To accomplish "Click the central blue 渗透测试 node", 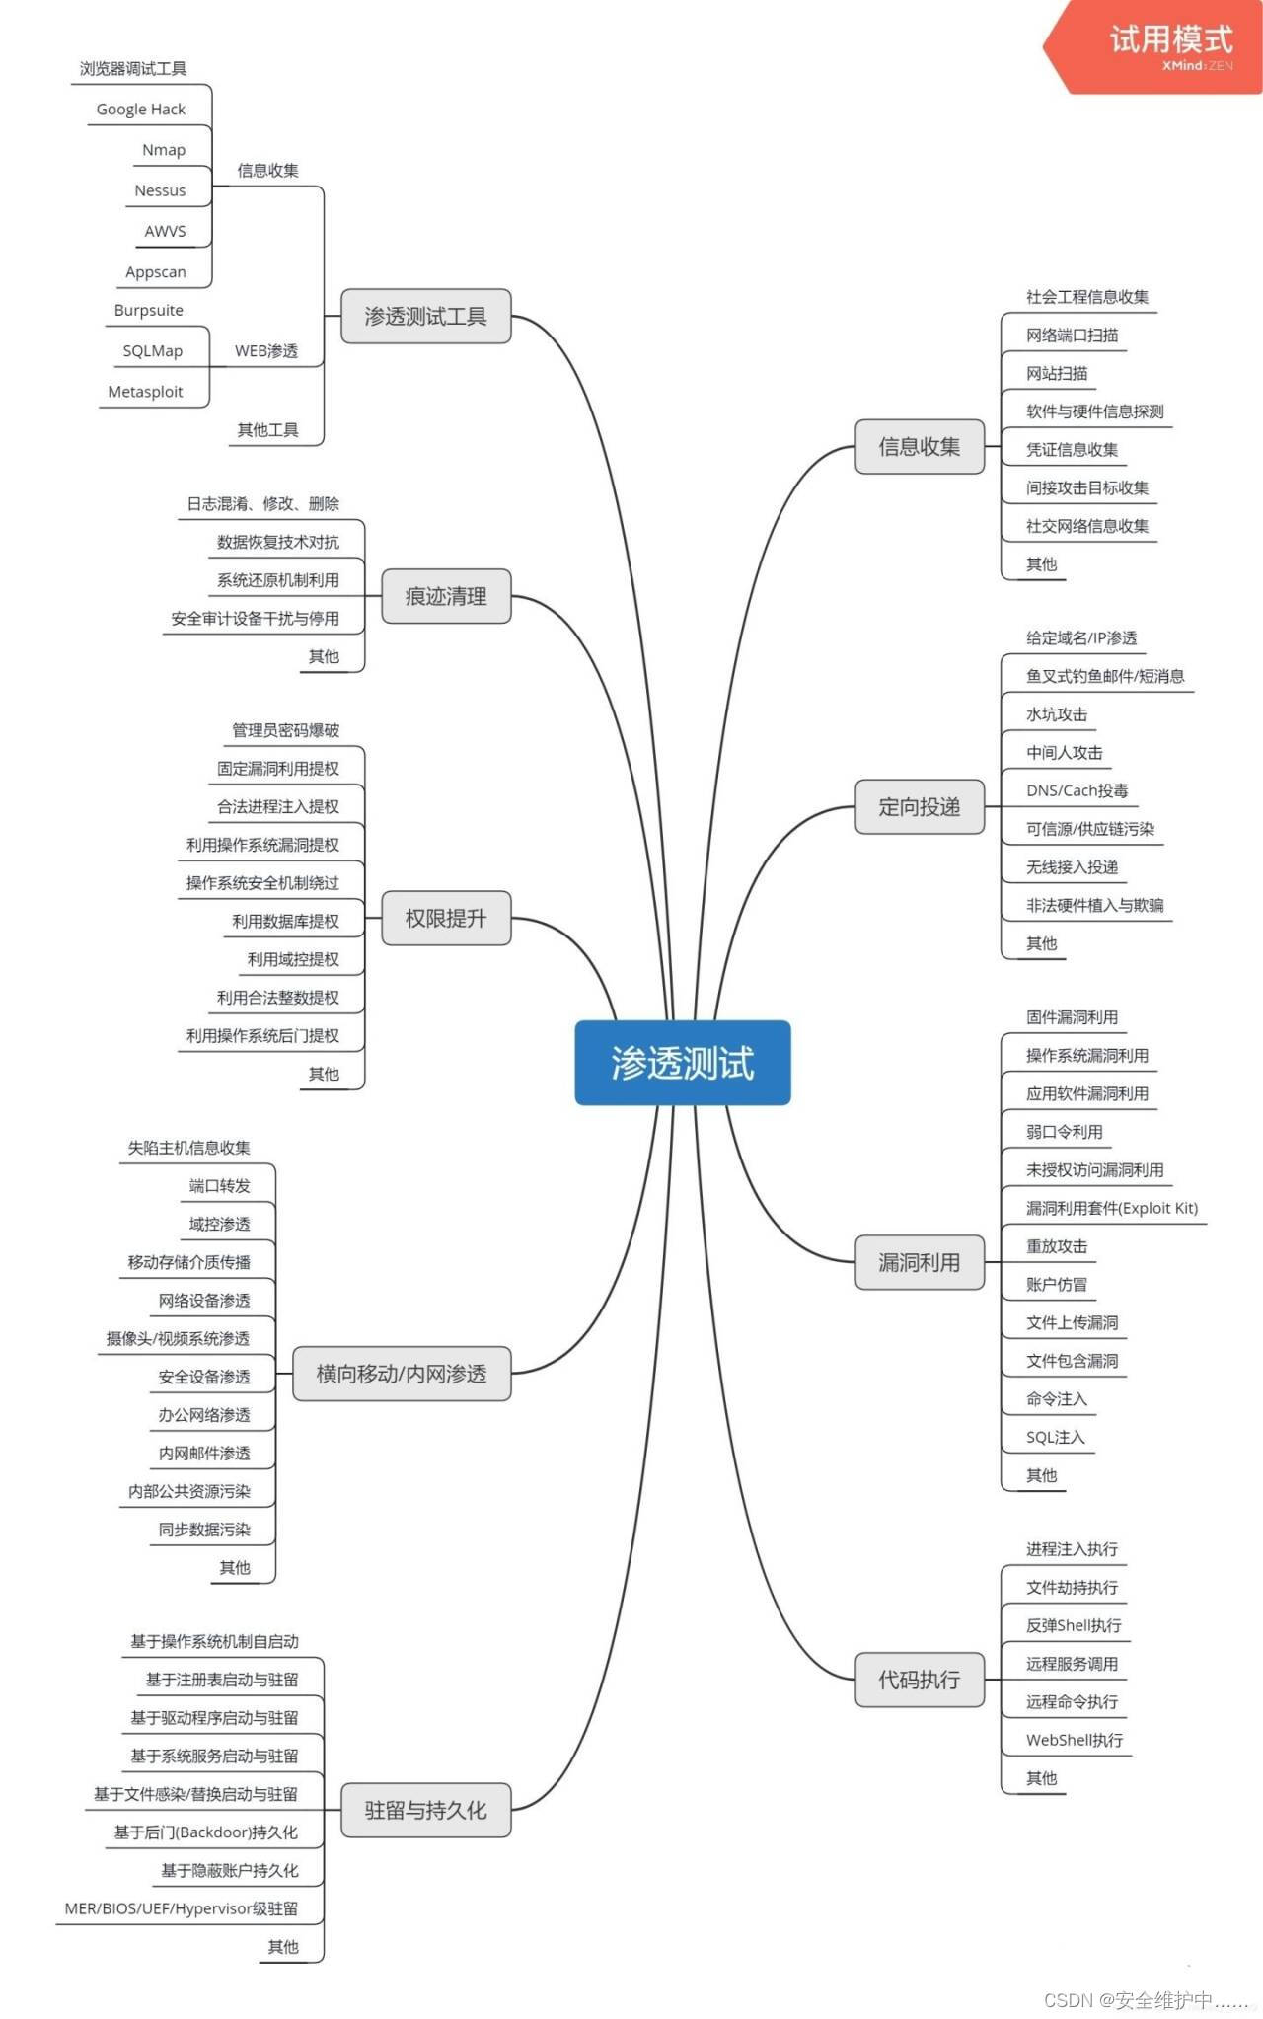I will coord(683,1063).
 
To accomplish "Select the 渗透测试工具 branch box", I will coord(425,316).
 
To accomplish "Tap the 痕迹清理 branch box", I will coord(446,596).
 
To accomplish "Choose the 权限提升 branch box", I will coord(446,918).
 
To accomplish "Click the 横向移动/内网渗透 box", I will coord(402,1373).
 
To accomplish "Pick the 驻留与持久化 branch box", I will coord(425,1810).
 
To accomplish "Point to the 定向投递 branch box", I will coord(919,806).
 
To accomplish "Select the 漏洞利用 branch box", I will coord(919,1262).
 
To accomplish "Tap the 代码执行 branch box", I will coord(919,1679).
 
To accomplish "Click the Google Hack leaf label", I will coord(141,110).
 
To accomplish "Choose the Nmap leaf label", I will coord(164,150).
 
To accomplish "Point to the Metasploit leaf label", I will coord(145,392).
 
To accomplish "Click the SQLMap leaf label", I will coord(153,351).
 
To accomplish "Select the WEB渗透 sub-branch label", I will coord(266,351).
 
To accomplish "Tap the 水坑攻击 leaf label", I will coord(1057,714).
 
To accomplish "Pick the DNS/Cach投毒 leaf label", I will coord(1077,790).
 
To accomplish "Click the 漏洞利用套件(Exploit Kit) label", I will coord(1112,1208).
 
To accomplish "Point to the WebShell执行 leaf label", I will coord(1075,1740).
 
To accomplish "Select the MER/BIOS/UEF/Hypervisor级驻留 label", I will coord(182,1908).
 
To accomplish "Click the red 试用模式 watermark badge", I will coord(1164,45).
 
